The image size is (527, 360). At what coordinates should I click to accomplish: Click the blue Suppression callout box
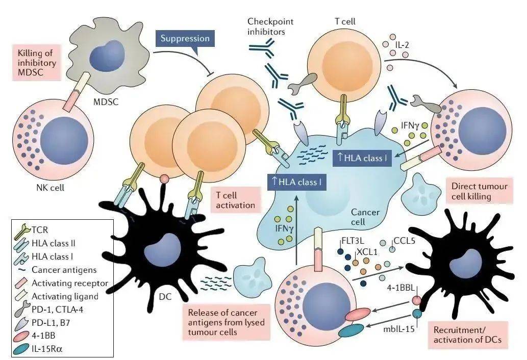coord(185,38)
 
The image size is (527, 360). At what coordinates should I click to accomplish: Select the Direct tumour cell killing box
coord(476,191)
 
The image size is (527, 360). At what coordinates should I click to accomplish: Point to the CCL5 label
coord(407,239)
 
